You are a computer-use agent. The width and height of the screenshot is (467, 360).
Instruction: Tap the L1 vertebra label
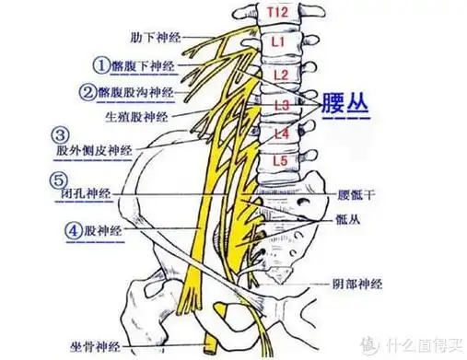[x=280, y=42]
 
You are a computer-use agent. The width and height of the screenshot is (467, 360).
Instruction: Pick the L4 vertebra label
[x=283, y=135]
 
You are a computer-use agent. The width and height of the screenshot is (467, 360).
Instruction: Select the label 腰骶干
[x=355, y=195]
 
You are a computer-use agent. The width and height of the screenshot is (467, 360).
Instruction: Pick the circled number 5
[x=59, y=180]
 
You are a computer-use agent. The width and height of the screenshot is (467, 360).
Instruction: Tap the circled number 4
[x=72, y=230]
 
